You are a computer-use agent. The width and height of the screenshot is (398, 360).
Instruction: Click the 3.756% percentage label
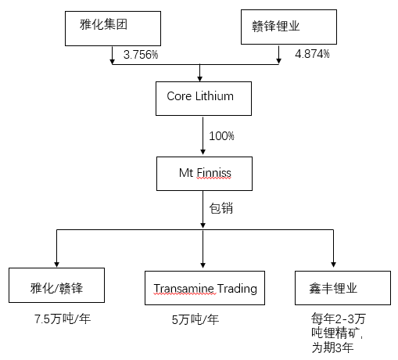pyautogui.click(x=141, y=55)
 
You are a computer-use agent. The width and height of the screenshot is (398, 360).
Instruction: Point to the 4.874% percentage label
pyautogui.click(x=312, y=54)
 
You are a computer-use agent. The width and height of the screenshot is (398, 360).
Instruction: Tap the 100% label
pyautogui.click(x=221, y=136)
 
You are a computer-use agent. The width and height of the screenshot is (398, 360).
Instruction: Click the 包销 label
pyautogui.click(x=221, y=208)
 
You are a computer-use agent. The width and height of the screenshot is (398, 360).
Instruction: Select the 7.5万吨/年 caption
pyautogui.click(x=63, y=319)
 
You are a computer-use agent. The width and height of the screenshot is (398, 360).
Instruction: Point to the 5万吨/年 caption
pyautogui.click(x=195, y=319)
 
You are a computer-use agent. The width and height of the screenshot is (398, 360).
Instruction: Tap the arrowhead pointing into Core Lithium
pyautogui.click(x=200, y=79)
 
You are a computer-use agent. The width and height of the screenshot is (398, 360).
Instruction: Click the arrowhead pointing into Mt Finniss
pyautogui.click(x=203, y=152)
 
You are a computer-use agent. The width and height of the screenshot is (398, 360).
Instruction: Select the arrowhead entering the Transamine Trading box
pyautogui.click(x=203, y=265)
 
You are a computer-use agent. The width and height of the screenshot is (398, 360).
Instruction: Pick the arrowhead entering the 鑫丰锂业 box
pyautogui.click(x=333, y=265)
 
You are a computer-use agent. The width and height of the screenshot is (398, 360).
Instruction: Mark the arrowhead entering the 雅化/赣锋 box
pyautogui.click(x=56, y=265)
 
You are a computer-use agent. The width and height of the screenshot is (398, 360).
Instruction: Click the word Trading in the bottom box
pyautogui.click(x=237, y=289)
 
